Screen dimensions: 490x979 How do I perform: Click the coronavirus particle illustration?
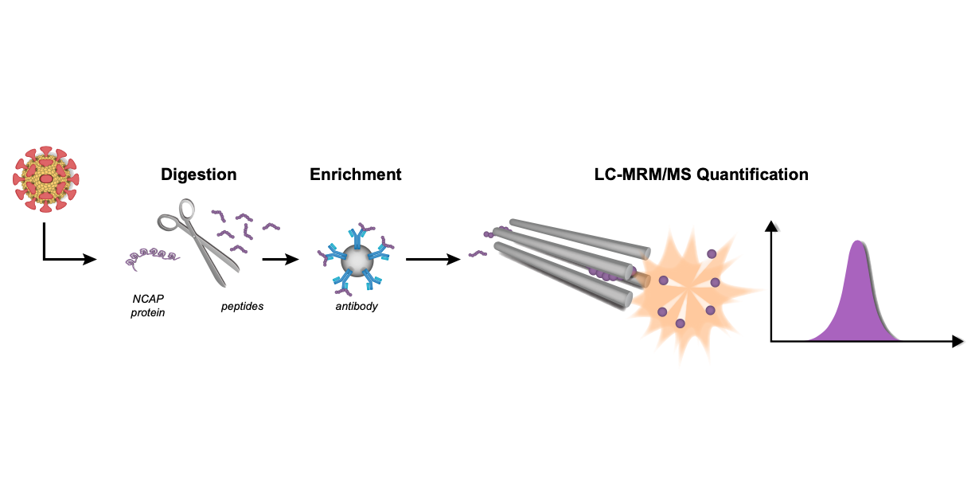tap(46, 179)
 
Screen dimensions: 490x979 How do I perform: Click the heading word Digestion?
tap(198, 174)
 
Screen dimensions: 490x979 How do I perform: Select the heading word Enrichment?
tap(355, 174)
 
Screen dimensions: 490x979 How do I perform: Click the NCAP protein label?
tap(149, 306)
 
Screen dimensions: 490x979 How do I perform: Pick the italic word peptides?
tap(242, 306)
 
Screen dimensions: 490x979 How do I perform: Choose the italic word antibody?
tap(356, 306)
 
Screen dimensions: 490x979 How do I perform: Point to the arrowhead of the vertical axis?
tap(770, 226)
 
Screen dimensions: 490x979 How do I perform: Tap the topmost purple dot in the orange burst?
tap(711, 253)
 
